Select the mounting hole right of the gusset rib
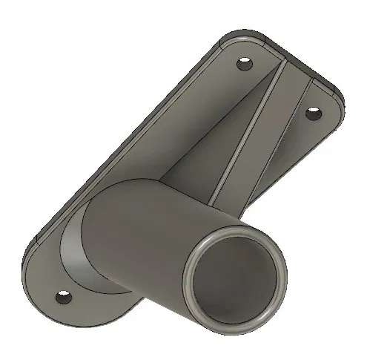click(313, 114)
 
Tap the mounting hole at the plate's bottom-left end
click(65, 301)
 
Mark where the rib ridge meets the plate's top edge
click(282, 65)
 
